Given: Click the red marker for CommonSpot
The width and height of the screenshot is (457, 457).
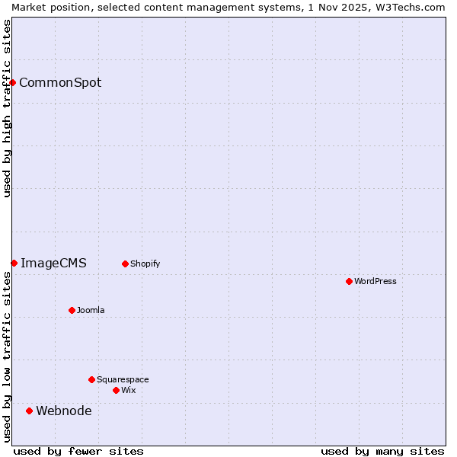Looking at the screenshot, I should (13, 82).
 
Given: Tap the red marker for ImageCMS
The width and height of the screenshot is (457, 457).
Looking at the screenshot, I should (14, 263).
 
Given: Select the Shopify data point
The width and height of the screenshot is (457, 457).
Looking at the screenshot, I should (125, 264).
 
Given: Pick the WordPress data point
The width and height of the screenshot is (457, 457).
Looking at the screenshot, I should (349, 281).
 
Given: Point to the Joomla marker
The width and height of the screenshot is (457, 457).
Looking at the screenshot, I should (72, 310).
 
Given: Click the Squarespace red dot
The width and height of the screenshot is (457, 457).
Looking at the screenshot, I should (91, 379).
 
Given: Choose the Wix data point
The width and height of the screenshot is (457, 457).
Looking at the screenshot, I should (116, 390).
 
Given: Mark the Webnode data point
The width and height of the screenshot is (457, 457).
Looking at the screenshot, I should (29, 411).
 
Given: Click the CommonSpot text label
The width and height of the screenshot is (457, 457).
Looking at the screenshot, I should (60, 83).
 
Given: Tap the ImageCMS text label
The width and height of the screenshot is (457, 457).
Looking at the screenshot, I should (53, 264).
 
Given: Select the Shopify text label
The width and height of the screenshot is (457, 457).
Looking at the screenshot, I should (145, 264).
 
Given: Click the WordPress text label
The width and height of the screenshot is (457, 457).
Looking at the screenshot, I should (376, 282).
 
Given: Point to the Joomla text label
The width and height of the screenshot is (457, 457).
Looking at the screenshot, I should (91, 311).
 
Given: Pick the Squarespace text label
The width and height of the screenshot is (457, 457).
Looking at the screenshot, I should (123, 380).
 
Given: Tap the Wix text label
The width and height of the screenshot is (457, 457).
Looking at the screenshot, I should (128, 391).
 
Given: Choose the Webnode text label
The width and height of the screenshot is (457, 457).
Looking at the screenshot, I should (64, 411).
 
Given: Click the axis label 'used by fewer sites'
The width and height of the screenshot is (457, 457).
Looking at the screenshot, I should (78, 451).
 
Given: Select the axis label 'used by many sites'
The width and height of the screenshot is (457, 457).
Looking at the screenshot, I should (382, 451).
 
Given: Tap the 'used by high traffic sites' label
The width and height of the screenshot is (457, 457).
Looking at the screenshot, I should (8, 108).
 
